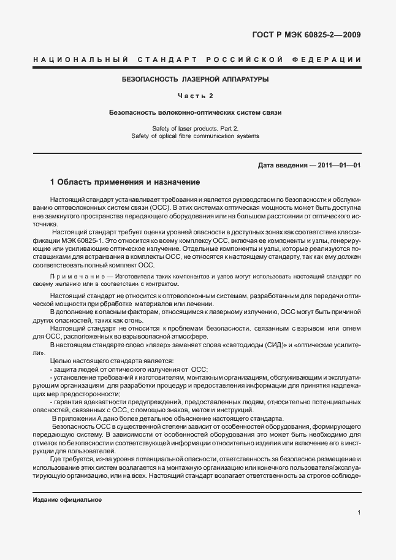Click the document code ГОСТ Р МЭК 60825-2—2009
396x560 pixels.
coord(307,34)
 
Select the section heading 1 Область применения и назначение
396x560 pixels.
coord(124,182)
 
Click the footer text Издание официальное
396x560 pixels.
coord(67,500)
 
